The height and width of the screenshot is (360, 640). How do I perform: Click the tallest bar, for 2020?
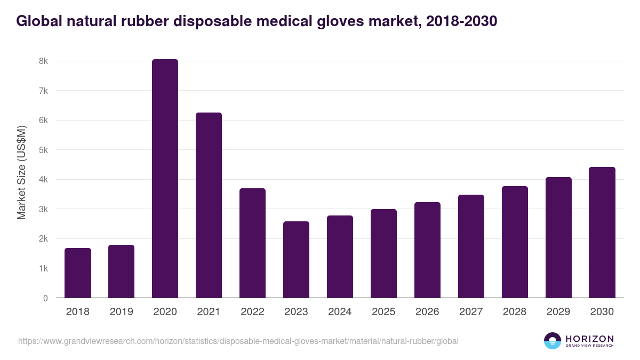tap(165, 179)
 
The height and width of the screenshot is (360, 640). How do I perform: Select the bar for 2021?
tap(209, 205)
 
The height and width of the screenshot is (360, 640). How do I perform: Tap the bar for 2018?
tap(78, 273)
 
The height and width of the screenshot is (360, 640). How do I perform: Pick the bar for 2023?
tap(296, 260)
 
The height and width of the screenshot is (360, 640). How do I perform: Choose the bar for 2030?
tap(602, 233)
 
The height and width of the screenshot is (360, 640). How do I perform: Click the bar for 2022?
tap(252, 243)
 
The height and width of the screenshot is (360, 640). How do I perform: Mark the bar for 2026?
tap(427, 250)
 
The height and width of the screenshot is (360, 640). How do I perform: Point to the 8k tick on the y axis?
tap(43, 61)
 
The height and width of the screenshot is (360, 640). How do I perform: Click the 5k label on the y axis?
tap(43, 150)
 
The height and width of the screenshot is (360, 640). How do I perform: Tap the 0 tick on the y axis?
tap(45, 298)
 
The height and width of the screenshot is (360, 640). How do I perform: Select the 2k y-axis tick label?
tap(43, 239)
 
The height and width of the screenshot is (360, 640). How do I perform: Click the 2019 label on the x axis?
tap(122, 312)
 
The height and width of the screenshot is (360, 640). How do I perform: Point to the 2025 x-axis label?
tap(383, 312)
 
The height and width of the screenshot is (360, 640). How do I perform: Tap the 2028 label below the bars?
tap(515, 312)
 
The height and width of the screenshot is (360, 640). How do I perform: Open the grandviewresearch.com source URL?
tap(238, 341)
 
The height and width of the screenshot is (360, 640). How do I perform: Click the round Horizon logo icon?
tap(553, 341)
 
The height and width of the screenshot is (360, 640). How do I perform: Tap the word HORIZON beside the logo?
tap(589, 339)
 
